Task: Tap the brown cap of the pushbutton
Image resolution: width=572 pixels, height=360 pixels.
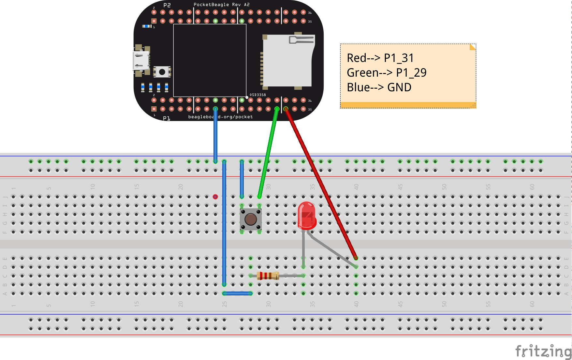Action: (251, 219)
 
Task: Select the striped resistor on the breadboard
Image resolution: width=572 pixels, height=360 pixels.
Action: (268, 276)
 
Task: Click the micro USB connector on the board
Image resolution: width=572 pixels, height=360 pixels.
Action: (141, 61)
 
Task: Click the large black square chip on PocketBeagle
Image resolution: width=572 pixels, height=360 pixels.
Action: (210, 60)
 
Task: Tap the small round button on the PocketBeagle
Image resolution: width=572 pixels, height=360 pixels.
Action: (162, 72)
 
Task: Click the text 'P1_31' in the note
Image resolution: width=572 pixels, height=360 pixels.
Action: (399, 58)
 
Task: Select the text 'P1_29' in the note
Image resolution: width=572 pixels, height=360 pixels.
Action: (411, 73)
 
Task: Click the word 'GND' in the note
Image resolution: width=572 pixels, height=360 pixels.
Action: (399, 87)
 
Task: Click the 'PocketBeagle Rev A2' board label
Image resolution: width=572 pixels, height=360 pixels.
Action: (222, 5)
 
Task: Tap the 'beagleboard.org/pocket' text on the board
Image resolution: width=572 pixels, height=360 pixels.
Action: (221, 117)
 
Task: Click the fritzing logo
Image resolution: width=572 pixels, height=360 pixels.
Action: (543, 351)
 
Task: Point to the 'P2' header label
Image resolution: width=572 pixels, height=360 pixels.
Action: (167, 5)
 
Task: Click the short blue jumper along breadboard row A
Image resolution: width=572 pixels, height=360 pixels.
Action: (237, 293)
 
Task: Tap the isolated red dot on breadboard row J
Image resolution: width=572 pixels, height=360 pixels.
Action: (215, 197)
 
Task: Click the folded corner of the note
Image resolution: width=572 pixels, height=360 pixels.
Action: (473, 47)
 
